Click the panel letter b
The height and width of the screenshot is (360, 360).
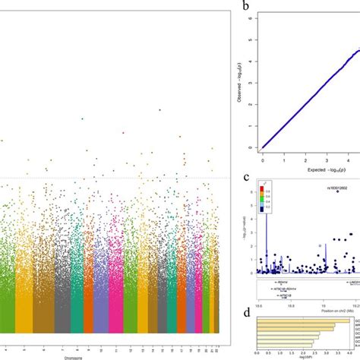pos(245,8)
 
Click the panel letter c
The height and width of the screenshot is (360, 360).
pos(245,178)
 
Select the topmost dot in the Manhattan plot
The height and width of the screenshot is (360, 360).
pos(159,109)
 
